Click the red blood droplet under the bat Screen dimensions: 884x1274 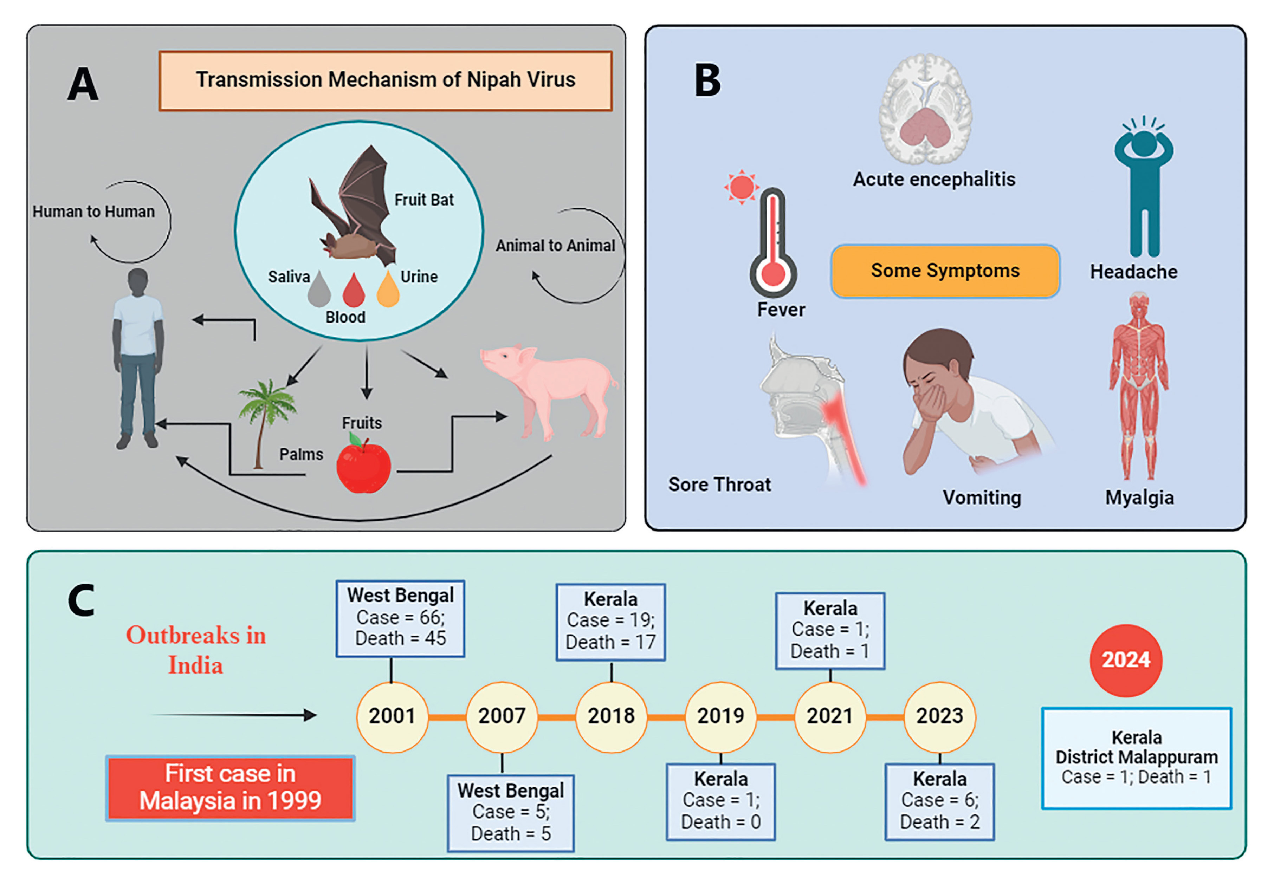click(354, 292)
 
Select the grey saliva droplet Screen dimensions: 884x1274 click(319, 291)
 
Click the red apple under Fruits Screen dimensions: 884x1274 click(363, 465)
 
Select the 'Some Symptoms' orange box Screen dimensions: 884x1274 click(945, 271)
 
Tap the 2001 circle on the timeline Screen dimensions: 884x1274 click(392, 716)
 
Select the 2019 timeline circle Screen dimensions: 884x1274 click(720, 716)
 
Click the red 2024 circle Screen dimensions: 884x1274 click(1126, 660)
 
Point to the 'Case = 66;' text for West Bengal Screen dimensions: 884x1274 click(400, 617)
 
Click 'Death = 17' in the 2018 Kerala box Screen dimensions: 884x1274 click(610, 642)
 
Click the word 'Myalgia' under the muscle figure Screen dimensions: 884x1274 click(1139, 498)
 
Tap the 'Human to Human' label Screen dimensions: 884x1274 click(93, 212)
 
